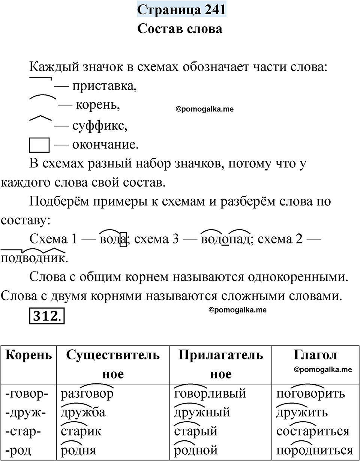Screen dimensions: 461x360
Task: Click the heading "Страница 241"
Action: (x=181, y=10)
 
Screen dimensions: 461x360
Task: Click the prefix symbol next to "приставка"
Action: (x=40, y=80)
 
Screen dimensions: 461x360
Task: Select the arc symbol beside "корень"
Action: (x=42, y=99)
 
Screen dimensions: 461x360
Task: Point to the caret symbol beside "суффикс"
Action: (x=40, y=119)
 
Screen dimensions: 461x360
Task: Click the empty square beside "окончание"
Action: (x=39, y=145)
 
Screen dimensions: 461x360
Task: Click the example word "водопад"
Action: (x=225, y=239)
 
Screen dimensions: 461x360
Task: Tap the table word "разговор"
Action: (x=87, y=394)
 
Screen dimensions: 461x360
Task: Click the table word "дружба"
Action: (x=83, y=413)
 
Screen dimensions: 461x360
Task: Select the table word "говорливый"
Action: (x=210, y=394)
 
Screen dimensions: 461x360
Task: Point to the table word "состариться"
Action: (x=313, y=431)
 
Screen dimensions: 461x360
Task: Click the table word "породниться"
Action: (x=314, y=450)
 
